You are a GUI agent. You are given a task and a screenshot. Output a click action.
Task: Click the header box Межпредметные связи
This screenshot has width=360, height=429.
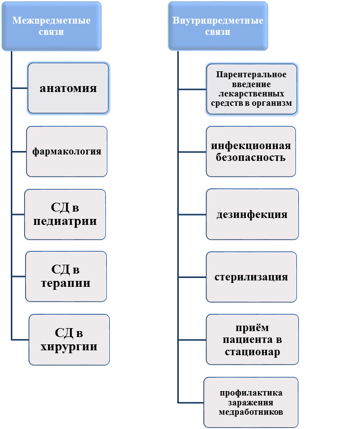click(51, 26)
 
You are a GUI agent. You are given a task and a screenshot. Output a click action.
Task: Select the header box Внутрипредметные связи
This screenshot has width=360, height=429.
click(218, 26)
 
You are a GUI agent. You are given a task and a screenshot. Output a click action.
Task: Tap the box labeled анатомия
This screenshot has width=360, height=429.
click(68, 89)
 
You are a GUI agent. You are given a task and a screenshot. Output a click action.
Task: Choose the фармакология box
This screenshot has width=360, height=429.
click(66, 152)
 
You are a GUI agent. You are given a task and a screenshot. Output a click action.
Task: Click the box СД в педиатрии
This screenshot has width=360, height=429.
click(65, 214)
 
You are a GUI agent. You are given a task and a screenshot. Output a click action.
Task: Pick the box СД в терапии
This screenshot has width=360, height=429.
click(66, 276)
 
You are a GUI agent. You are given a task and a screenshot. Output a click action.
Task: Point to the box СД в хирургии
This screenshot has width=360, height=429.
click(69, 339)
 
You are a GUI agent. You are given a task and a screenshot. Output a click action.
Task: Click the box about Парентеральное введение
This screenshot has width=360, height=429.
click(251, 89)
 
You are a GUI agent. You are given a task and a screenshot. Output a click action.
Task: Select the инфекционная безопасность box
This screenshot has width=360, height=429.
click(251, 152)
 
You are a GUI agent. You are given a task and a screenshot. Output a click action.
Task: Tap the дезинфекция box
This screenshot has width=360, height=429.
click(252, 214)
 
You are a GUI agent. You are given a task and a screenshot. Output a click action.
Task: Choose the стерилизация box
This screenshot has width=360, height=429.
click(251, 277)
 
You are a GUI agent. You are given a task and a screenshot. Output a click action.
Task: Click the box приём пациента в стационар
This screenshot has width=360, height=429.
click(252, 339)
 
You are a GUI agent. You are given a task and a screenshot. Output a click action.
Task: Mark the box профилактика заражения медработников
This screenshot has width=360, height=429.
click(251, 402)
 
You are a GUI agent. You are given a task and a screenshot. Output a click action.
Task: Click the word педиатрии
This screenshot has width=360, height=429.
click(65, 221)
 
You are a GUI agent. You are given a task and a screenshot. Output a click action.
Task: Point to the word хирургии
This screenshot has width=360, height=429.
click(69, 346)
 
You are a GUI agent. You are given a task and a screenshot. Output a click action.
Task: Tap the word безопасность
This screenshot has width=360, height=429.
click(251, 158)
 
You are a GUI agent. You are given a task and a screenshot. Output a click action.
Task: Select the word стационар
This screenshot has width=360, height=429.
click(252, 352)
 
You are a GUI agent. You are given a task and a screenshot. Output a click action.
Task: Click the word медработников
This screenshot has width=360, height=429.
click(251, 412)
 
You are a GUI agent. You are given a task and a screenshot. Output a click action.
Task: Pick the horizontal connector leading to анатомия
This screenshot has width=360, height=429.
click(19, 89)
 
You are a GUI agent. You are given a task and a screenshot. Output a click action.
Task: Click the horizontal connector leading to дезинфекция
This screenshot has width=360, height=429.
click(192, 214)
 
